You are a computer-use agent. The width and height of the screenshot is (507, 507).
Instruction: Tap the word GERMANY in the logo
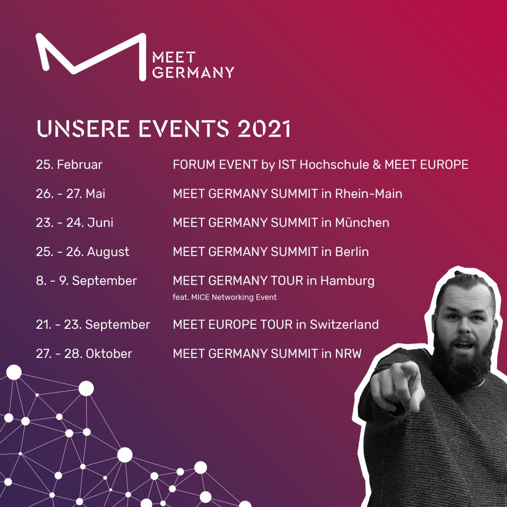(193, 72)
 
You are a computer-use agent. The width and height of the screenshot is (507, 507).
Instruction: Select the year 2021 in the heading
(264, 128)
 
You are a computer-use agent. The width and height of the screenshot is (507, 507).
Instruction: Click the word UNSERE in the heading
(83, 128)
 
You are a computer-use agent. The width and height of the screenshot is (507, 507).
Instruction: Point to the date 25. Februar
(69, 164)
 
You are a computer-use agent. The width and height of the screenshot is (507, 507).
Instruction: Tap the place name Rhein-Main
(368, 194)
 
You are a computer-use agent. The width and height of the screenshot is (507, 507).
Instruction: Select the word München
(362, 222)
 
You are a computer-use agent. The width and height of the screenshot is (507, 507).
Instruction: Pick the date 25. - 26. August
(83, 252)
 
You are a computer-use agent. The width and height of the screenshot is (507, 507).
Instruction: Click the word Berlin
(352, 252)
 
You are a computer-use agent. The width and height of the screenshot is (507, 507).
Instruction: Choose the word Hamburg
(347, 281)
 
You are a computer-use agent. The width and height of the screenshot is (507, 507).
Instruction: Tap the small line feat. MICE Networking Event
(225, 297)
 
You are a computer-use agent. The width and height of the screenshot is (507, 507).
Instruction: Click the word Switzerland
(344, 324)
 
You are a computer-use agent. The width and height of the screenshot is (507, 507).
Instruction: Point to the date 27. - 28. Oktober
(84, 354)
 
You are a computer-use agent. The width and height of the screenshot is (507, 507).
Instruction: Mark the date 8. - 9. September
(86, 281)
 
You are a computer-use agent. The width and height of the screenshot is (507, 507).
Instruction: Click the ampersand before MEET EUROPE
(377, 164)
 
